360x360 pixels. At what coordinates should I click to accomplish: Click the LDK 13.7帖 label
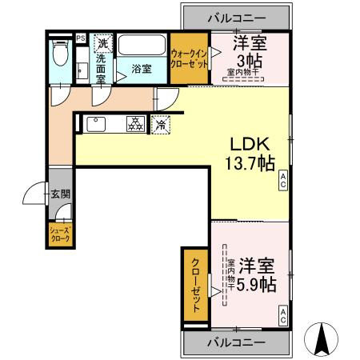253,154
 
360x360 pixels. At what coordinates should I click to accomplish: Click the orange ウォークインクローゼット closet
189,58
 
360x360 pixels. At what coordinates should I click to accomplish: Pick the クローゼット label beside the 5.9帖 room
195,285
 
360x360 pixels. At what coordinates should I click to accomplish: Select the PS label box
81,38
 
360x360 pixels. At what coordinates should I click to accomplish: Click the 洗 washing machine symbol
102,43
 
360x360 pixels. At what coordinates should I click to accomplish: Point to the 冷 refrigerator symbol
162,124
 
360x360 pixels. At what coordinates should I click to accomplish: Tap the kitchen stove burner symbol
134,124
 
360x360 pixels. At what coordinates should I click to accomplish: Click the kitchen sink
96,123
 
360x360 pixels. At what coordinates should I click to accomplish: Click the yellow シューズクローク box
61,234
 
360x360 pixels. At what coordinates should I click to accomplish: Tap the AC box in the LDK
282,183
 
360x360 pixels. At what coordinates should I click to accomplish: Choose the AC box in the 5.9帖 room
282,318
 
